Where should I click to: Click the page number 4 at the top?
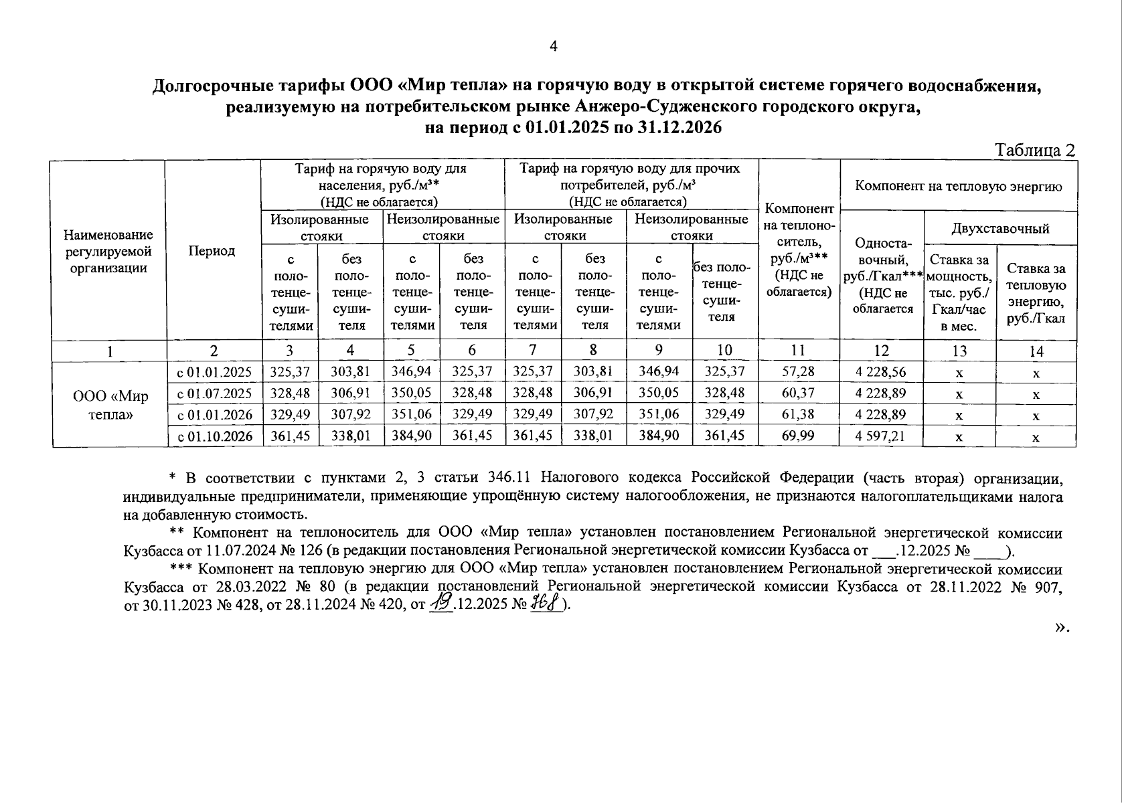click(x=553, y=46)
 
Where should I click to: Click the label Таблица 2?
click(x=1035, y=151)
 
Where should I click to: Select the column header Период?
click(x=212, y=251)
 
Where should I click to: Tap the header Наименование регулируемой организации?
click(x=108, y=251)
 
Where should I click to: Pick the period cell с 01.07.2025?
click(x=214, y=393)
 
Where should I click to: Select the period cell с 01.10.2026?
click(x=214, y=436)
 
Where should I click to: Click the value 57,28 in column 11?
click(x=798, y=371)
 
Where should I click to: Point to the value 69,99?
click(x=798, y=436)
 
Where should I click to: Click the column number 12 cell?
click(x=882, y=350)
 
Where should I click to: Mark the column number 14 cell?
click(x=1036, y=351)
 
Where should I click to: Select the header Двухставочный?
click(x=1000, y=229)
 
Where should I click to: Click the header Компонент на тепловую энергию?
click(x=959, y=186)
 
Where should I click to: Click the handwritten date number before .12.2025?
click(x=440, y=604)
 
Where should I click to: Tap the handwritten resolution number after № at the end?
click(x=544, y=604)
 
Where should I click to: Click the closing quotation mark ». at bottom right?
click(x=1062, y=627)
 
